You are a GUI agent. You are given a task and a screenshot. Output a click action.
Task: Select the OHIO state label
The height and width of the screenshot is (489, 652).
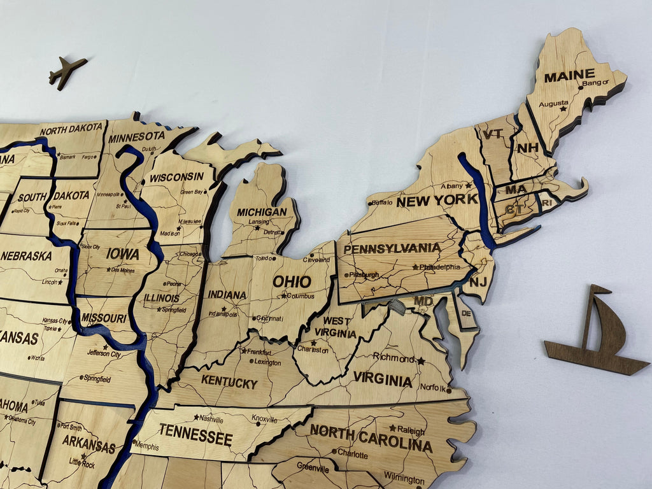(x=292, y=281)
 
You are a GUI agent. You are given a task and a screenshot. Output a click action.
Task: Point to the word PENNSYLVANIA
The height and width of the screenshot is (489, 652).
(x=392, y=248)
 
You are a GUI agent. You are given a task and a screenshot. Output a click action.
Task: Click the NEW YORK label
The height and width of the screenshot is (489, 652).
(x=437, y=201)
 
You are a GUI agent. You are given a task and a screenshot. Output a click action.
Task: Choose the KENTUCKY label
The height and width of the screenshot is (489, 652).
(x=229, y=383)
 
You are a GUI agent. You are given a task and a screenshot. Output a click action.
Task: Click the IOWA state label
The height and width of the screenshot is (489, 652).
(x=122, y=254)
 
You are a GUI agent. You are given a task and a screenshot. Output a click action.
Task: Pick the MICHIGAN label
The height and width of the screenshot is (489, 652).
(x=262, y=212)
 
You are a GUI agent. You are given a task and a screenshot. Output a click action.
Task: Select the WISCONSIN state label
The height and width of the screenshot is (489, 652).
(x=176, y=176)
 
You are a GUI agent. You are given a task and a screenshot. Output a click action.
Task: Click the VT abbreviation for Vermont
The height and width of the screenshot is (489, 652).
(x=492, y=134)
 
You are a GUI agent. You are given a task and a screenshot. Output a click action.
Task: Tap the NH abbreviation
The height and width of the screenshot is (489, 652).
(x=527, y=148)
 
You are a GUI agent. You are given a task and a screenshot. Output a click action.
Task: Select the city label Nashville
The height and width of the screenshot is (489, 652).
(x=211, y=419)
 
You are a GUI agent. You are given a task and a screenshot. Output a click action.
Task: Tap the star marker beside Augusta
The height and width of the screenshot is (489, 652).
(x=563, y=109)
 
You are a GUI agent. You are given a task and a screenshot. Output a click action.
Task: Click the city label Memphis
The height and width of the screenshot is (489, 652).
(x=146, y=447)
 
